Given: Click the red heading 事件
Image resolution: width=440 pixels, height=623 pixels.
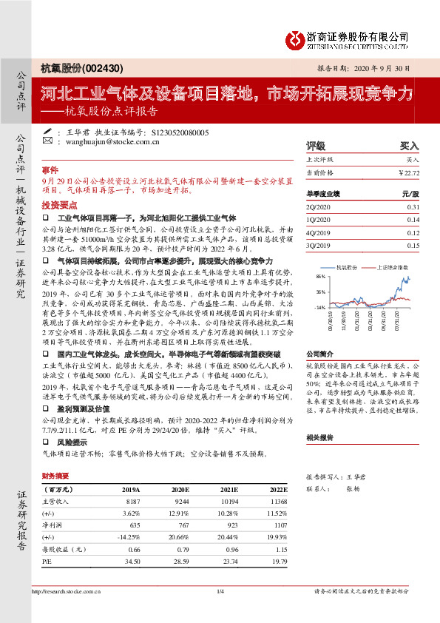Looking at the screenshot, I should pyautogui.click(x=50, y=170).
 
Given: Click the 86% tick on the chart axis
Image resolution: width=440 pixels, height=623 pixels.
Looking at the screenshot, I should pyautogui.click(x=320, y=276).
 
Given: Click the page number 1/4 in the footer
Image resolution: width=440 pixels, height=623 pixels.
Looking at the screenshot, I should pyautogui.click(x=220, y=590).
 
